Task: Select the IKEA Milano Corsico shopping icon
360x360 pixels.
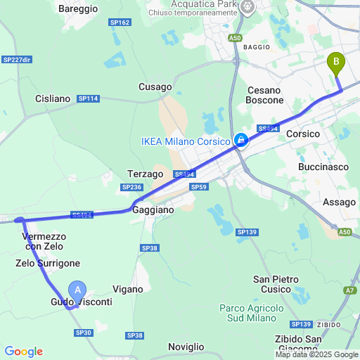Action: (x=241, y=141)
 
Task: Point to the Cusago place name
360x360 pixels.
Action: (x=155, y=87)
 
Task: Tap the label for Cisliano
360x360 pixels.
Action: (x=53, y=99)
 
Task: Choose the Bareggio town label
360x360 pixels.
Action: (x=78, y=9)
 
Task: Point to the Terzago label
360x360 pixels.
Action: (x=146, y=174)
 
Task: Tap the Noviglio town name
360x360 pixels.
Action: (x=186, y=347)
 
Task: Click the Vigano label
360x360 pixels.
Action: (x=127, y=289)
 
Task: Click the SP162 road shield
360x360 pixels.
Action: (x=120, y=22)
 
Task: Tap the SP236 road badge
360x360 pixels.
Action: (x=131, y=187)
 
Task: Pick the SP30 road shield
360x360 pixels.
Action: (x=83, y=333)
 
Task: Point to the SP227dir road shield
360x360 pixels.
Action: (x=18, y=60)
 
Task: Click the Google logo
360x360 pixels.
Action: (x=23, y=352)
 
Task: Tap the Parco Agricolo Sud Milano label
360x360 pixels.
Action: (x=251, y=313)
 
